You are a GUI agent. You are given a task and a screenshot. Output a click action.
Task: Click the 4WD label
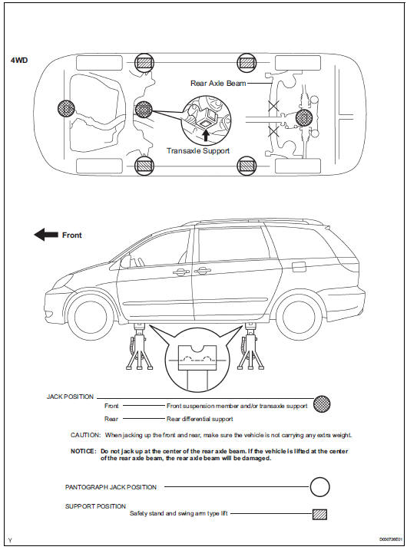[x=19, y=61]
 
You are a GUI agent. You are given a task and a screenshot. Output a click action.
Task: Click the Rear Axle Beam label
[x=218, y=84]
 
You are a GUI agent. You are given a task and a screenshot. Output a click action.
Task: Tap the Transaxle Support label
[x=198, y=151]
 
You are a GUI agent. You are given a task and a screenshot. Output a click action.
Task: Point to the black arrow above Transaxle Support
[x=206, y=136]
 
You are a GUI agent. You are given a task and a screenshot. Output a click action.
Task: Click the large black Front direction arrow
[x=46, y=235]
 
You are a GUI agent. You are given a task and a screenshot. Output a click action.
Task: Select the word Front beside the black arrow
[x=72, y=235]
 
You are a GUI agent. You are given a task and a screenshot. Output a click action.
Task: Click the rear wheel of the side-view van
[x=299, y=316]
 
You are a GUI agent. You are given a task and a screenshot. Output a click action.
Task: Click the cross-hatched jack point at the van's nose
[x=66, y=108]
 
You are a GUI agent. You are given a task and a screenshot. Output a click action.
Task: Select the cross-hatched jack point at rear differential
[x=304, y=118]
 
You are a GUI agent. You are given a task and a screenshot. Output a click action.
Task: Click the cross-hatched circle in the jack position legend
[x=322, y=404]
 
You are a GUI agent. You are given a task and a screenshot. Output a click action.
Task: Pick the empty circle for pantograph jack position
[x=320, y=487]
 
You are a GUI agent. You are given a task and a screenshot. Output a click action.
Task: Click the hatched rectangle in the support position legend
[x=319, y=514]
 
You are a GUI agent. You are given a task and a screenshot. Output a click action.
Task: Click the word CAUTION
[x=86, y=435]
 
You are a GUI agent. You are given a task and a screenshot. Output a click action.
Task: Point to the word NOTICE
[x=83, y=451]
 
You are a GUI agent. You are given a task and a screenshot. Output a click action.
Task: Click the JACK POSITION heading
[x=70, y=397]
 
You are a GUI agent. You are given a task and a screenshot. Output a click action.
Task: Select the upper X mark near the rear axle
[x=273, y=105]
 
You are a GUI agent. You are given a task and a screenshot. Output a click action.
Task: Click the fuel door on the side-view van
[x=299, y=267]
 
